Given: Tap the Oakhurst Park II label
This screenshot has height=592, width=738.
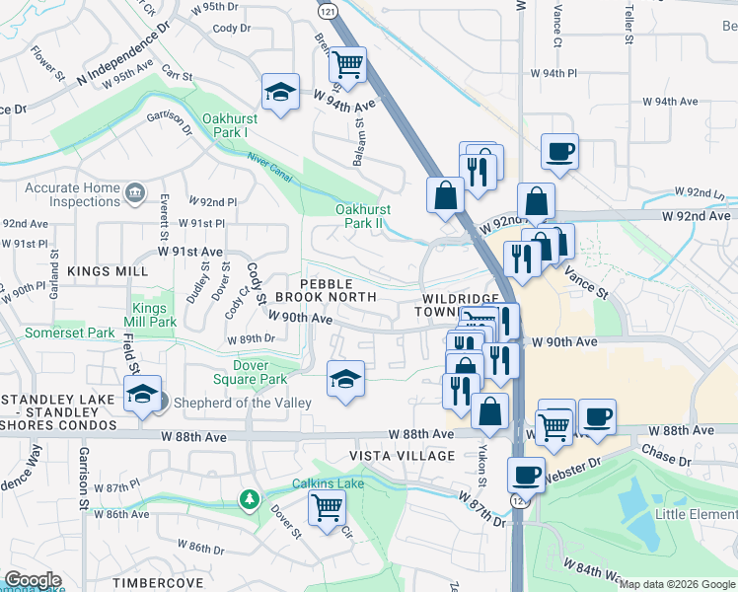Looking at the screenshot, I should pyautogui.click(x=363, y=216).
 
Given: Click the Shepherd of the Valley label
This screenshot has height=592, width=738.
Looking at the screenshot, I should pyautogui.click(x=243, y=403).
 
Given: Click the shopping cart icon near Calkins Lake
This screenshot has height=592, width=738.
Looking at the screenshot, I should pyautogui.click(x=327, y=508).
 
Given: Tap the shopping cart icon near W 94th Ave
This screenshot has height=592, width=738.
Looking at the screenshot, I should pyautogui.click(x=348, y=65).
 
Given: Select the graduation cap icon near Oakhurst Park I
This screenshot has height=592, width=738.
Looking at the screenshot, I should pyautogui.click(x=281, y=93).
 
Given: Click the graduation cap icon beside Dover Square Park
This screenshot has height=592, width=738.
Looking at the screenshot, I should pyautogui.click(x=345, y=378).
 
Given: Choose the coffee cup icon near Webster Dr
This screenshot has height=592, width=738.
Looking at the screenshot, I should pyautogui.click(x=526, y=475).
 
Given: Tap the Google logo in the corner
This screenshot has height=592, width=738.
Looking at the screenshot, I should pyautogui.click(x=33, y=580).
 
